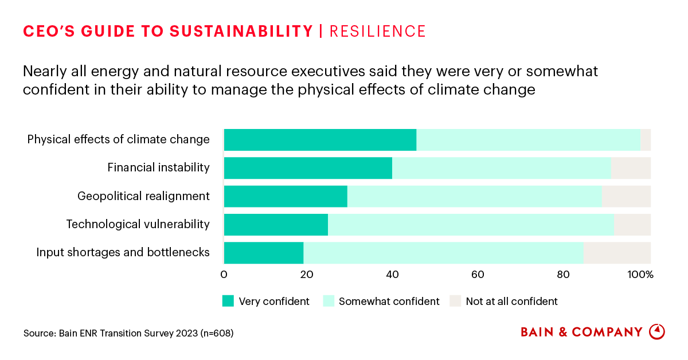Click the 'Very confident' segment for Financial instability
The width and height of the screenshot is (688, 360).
[x=308, y=168]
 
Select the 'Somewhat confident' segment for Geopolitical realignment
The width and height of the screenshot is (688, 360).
[x=474, y=196]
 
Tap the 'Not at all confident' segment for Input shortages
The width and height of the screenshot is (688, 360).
[x=617, y=252]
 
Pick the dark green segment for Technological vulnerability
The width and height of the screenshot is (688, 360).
[x=276, y=224]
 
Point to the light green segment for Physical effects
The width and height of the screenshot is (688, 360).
[x=528, y=140]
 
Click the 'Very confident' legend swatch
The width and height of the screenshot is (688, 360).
[x=228, y=301]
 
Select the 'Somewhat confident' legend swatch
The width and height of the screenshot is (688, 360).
[x=329, y=301]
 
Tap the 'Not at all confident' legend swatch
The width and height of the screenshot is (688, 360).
[x=455, y=301]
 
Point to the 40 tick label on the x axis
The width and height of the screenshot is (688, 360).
[x=392, y=275]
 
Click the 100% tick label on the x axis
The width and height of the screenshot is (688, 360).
[x=641, y=275]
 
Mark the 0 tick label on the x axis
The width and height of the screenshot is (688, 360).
[x=224, y=275]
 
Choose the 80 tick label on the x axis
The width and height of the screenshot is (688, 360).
[x=562, y=275]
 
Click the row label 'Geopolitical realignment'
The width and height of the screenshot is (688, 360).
[x=143, y=196]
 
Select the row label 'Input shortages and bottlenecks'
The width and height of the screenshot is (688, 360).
[x=123, y=252]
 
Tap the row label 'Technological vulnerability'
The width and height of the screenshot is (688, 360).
[x=138, y=224]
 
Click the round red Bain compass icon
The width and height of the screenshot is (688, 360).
[x=657, y=332]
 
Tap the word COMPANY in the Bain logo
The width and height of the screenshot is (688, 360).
[x=608, y=332]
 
